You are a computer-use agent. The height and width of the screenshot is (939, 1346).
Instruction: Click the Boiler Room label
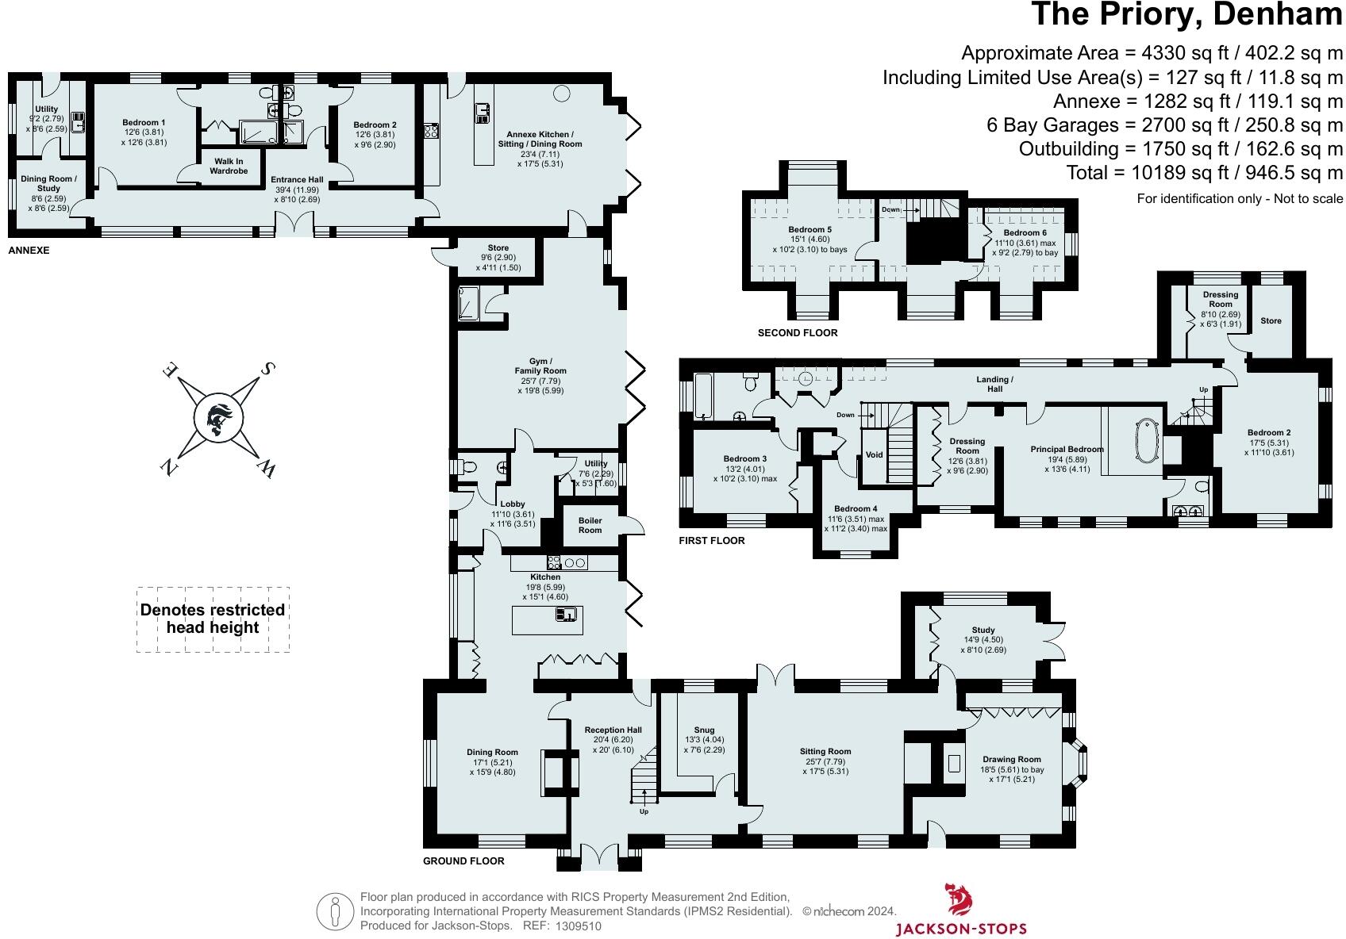coord(590,525)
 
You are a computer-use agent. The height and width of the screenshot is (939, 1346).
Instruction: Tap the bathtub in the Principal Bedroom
coord(1146,441)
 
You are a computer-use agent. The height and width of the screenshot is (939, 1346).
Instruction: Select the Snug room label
coord(703,730)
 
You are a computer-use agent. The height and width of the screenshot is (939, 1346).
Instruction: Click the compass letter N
coord(169,469)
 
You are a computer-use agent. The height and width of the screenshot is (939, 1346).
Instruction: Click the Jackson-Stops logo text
coord(960,929)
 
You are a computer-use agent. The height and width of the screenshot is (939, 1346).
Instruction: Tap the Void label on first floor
coord(874,455)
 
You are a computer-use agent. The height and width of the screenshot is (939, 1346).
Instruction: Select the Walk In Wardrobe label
coord(229,166)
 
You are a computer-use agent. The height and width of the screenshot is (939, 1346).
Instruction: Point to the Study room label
coord(983,630)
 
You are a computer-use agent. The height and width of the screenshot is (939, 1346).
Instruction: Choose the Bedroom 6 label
coord(1019,232)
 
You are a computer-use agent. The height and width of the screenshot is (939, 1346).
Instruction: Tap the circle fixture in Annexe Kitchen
coord(561,94)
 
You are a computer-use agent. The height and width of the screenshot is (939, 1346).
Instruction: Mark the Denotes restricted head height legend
coord(212,619)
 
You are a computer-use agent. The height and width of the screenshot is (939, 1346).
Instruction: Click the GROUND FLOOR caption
coord(463,860)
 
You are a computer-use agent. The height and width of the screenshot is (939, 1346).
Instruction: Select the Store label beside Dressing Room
coord(1271,320)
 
